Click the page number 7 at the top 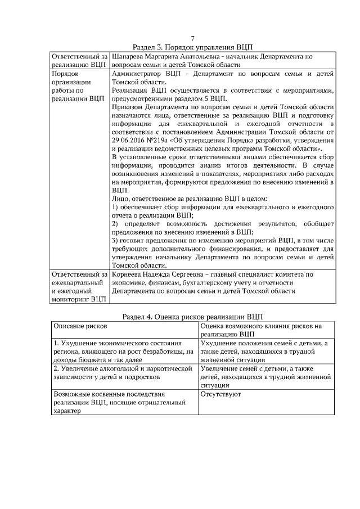[x=193, y=38]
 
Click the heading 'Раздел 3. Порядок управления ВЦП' [x=193, y=47]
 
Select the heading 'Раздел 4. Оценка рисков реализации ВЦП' [x=193, y=316]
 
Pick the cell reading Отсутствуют [x=220, y=394]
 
